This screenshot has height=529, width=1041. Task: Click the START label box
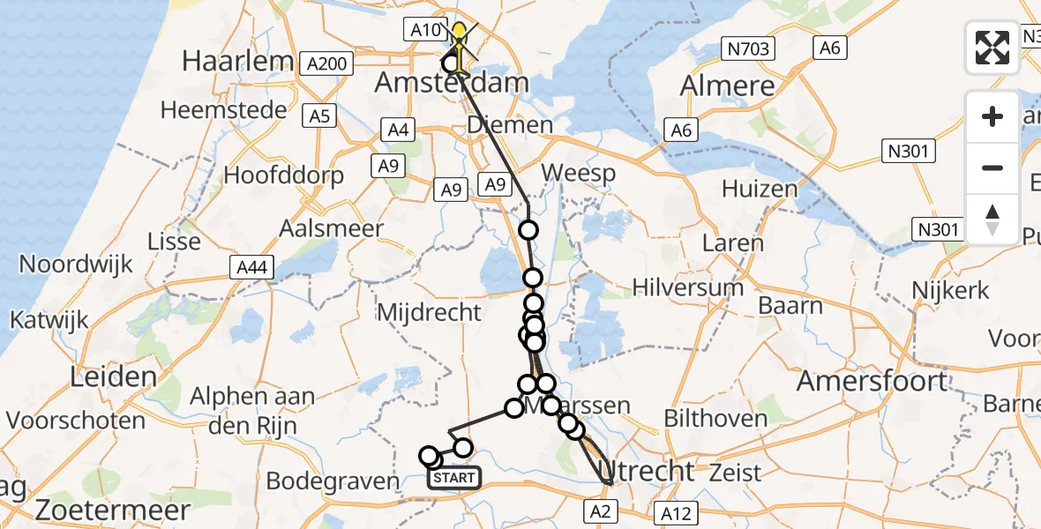(454, 478)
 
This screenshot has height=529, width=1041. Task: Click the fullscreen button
(992, 48)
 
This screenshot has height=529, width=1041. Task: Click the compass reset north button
(992, 219)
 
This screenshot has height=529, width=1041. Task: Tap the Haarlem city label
(236, 61)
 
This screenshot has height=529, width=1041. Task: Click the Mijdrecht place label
(429, 311)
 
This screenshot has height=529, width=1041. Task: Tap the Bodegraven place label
(333, 481)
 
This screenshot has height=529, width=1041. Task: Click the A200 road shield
(326, 63)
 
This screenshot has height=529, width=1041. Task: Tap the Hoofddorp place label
(283, 175)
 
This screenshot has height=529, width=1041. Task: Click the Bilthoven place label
(716, 417)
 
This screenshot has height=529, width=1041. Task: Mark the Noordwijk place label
(76, 264)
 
